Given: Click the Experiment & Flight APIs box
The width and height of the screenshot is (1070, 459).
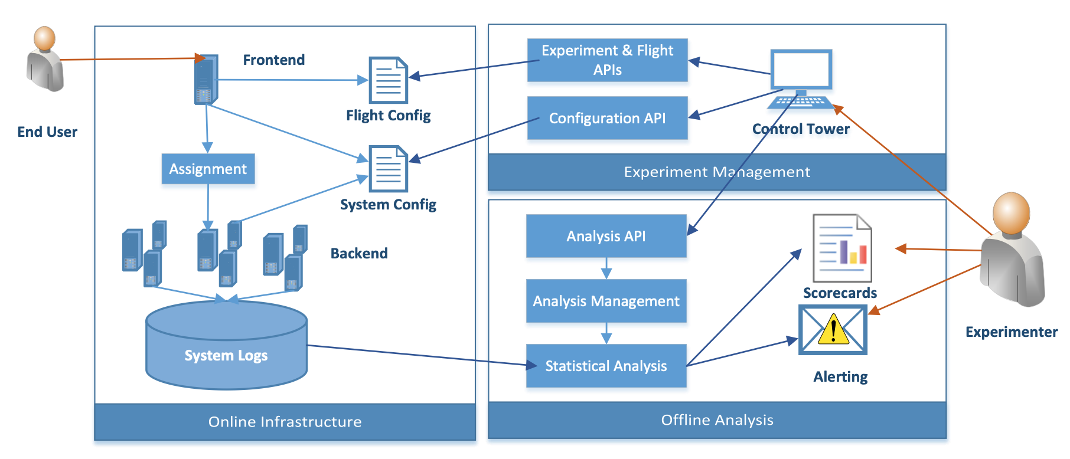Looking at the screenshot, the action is click(607, 60).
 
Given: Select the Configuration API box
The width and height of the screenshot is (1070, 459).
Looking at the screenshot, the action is click(607, 118).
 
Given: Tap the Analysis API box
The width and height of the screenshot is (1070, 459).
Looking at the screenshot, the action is click(606, 236).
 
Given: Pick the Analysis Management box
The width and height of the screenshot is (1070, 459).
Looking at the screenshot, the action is click(606, 301).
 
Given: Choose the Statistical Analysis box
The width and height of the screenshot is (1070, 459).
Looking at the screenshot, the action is click(606, 366).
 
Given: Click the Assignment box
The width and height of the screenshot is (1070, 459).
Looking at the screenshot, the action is click(208, 169).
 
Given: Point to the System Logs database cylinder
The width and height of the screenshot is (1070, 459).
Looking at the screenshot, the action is click(226, 345).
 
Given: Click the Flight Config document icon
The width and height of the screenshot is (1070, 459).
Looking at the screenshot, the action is click(388, 80).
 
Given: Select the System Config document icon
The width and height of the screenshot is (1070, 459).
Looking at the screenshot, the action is click(388, 169).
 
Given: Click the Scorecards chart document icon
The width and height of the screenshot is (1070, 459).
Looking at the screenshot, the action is click(842, 248).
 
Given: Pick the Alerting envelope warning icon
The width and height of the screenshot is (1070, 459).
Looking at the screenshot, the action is click(833, 330).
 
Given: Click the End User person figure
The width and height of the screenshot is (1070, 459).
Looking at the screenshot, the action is click(45, 59).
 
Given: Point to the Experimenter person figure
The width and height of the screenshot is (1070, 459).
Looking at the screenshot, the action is click(1012, 249).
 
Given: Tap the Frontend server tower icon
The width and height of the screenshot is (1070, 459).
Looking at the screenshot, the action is click(206, 80).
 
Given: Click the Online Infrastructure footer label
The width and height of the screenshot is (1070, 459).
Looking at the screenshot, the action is click(285, 422).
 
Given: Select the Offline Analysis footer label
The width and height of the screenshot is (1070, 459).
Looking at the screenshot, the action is click(717, 420).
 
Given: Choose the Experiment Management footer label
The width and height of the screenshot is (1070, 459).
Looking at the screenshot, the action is click(717, 172).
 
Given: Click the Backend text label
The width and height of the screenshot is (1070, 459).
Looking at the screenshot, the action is click(359, 253).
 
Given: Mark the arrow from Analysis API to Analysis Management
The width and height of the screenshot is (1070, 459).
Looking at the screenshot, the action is click(606, 268).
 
